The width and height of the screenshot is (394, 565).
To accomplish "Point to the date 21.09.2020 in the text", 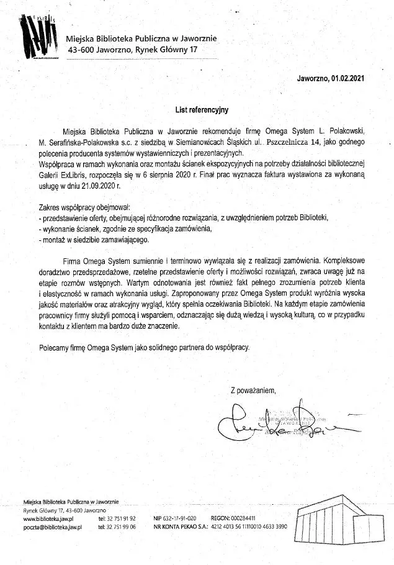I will pos(92,184).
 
